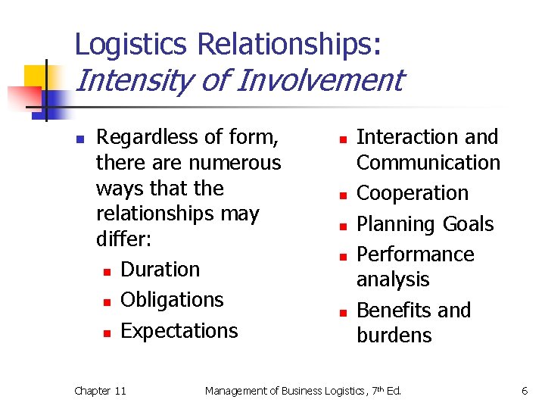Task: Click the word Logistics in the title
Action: pos(131,45)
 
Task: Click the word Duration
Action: pos(160,270)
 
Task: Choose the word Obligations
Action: pos(172,300)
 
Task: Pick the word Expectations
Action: pos(179,331)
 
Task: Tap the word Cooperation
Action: pos(413,193)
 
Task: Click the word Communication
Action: pos(428,163)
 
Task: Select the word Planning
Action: pos(398,224)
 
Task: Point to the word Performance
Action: pos(415,254)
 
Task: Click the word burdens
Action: pos(394,336)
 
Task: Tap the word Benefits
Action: pos(393,311)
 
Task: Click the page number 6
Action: pos(524,391)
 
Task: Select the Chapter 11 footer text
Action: pos(100,391)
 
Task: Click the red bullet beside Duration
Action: pos(107,271)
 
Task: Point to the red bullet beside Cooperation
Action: pos(342,195)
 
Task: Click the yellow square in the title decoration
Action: pos(36,76)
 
